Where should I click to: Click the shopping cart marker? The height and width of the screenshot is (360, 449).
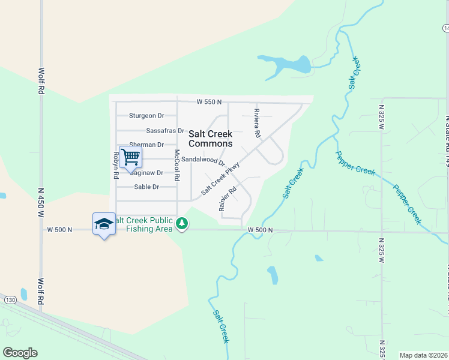tap(130, 158)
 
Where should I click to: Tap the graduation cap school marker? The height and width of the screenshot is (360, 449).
tap(104, 224)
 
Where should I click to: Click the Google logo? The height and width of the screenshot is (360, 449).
tap(20, 353)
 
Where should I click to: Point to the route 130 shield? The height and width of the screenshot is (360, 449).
tap(10, 299)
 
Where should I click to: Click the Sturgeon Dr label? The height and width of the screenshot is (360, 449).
tap(147, 116)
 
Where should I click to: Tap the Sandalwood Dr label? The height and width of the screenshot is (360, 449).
tap(203, 160)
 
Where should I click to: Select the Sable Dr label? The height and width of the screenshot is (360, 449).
tap(146, 187)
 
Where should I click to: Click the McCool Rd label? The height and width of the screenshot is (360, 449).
tap(177, 166)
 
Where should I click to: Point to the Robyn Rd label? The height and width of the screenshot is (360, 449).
tap(115, 165)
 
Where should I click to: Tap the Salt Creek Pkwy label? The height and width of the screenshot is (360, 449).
tap(220, 178)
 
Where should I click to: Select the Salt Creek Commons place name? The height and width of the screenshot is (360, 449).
tap(210, 139)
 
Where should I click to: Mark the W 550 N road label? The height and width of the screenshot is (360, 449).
tap(209, 103)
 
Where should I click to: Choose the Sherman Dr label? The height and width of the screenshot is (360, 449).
tap(146, 145)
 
